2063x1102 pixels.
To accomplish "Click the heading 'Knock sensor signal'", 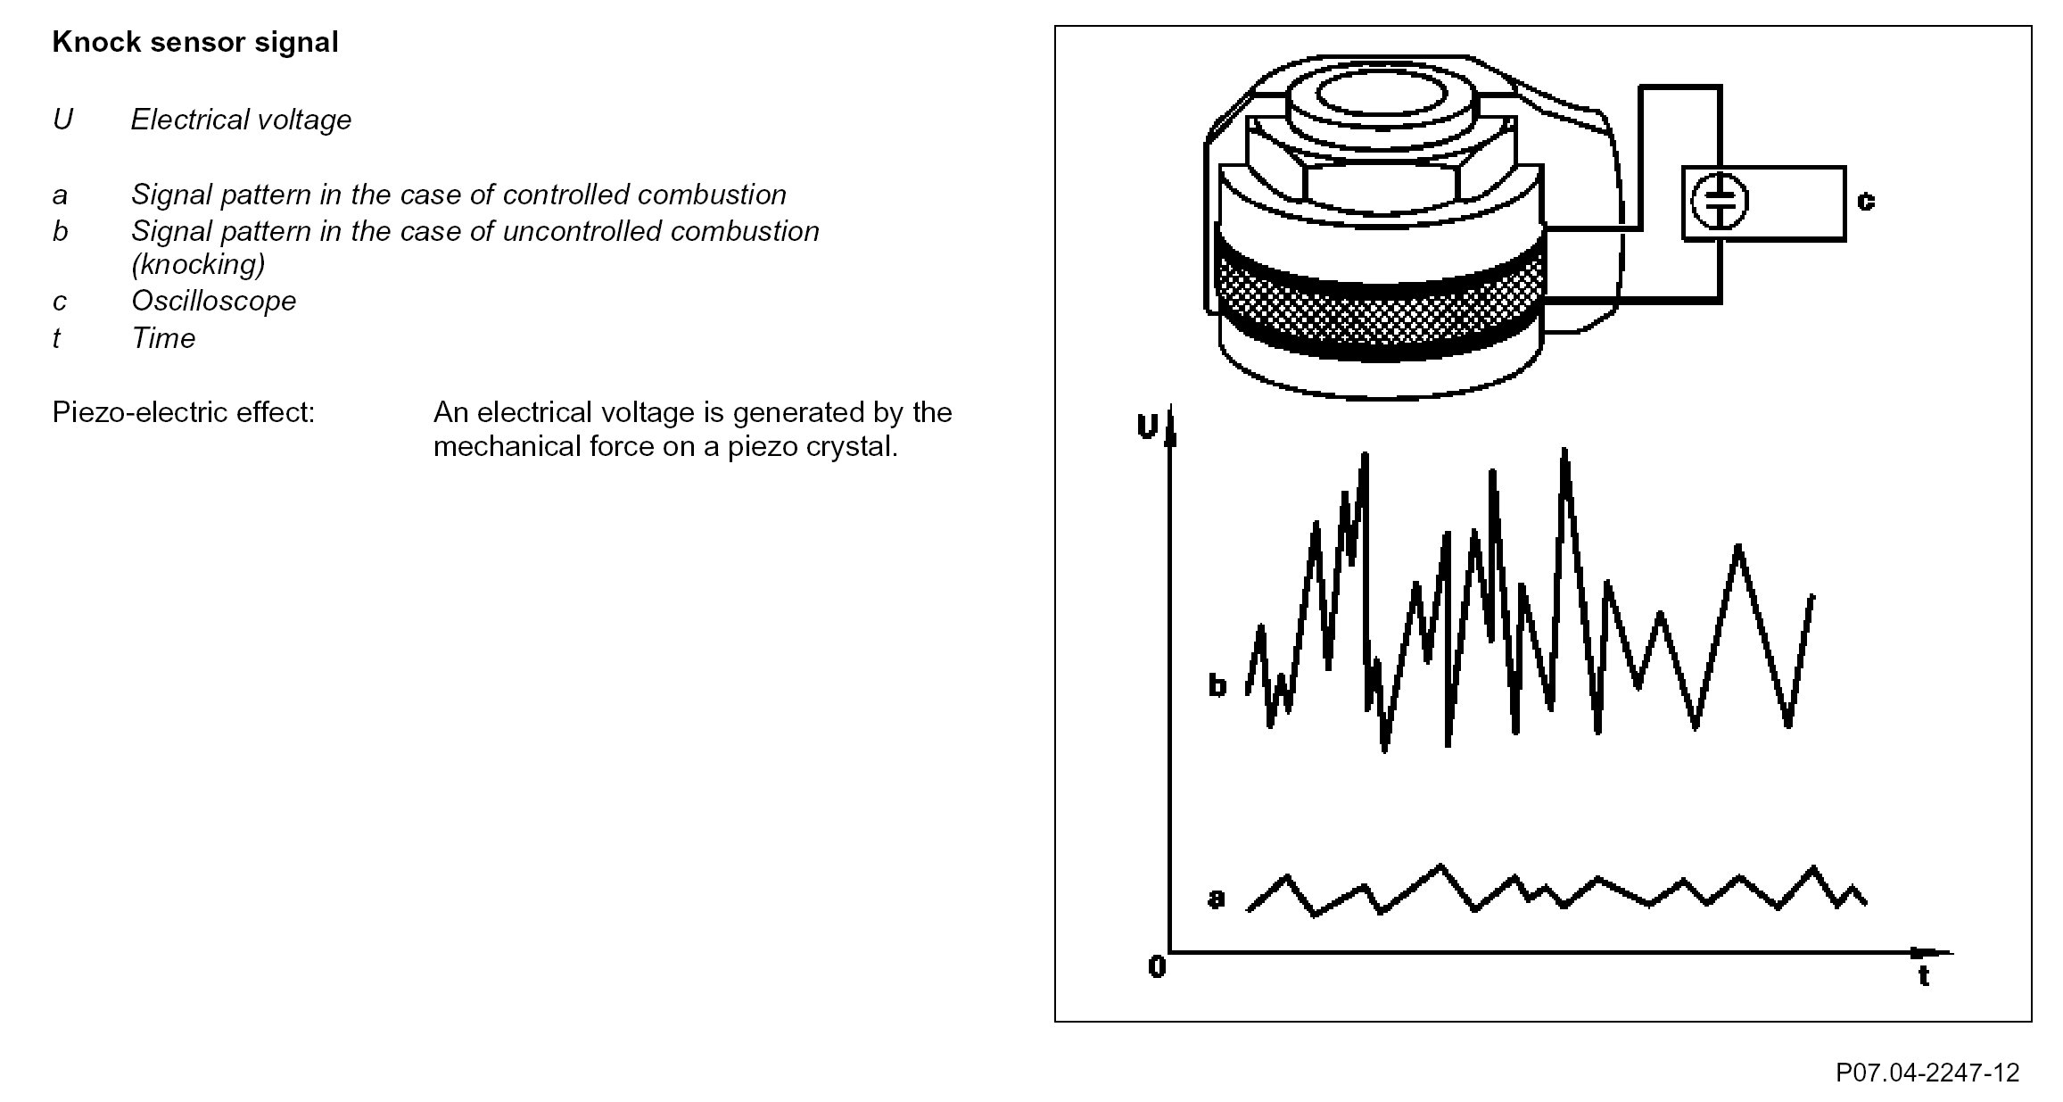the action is pos(195,42).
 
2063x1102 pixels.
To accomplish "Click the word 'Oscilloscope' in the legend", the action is pos(213,301).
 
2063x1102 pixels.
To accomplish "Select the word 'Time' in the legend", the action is pos(163,338).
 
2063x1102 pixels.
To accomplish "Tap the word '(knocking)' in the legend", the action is pos(198,264).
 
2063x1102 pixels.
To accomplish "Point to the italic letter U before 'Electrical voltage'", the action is pos(62,120).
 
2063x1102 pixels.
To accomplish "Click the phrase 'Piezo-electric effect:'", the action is pos(184,412).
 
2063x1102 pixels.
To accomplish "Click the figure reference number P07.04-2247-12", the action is pos(1927,1072).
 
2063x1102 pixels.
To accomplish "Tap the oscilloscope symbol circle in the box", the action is pos(1719,203).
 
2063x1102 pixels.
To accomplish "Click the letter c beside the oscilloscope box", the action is pos(1866,201).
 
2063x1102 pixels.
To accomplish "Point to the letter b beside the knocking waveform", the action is pos(1217,685).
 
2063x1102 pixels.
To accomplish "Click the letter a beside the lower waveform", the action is pos(1217,897).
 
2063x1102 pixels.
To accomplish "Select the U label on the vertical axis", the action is pos(1147,427).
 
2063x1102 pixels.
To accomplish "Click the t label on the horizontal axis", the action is pos(1924,976).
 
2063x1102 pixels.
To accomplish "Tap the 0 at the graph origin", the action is pos(1157,966).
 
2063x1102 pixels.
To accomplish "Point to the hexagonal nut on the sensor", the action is pos(1381,170).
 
